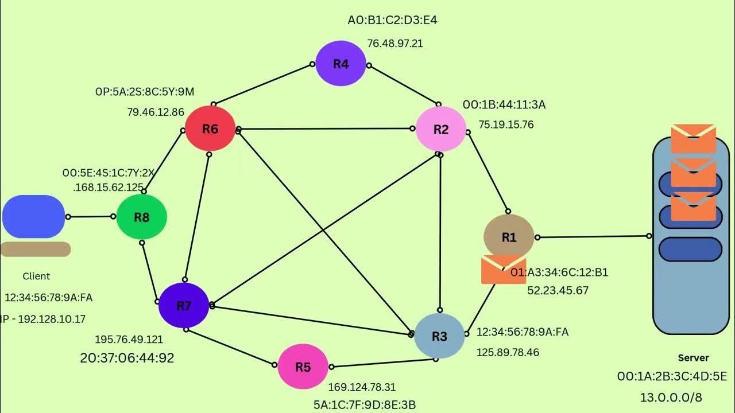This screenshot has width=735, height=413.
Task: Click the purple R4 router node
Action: pos(341,63)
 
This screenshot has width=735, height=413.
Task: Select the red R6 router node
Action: pos(210,128)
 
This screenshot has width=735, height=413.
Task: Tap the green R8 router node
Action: pos(142,217)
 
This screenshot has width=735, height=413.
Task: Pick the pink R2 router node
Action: pos(440,129)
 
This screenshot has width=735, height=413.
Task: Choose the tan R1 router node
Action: pos(509,237)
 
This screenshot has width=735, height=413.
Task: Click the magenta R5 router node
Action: pos(303,367)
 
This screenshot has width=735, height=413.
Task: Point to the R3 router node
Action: pos(439,336)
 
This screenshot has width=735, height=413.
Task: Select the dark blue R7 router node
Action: pos(184,306)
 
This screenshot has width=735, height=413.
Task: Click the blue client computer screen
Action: pos(34,217)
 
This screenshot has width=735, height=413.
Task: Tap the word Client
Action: pos(36,276)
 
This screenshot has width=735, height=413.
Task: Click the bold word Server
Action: pos(693,358)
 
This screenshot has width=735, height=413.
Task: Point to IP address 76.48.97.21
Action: pos(394,43)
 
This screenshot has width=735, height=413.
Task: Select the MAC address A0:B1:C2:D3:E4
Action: pos(392,20)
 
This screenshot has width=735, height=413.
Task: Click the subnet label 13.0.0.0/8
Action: pos(671,398)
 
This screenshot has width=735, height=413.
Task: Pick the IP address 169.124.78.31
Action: pos(362,387)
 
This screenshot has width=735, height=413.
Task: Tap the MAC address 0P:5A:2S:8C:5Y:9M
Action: pos(145,92)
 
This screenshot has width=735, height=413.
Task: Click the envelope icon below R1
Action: pos(504,270)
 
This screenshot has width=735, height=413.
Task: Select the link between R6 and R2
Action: pos(326,129)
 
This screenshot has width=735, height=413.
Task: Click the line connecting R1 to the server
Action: pos(593,237)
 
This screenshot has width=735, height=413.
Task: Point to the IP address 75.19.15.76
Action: pos(506,124)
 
